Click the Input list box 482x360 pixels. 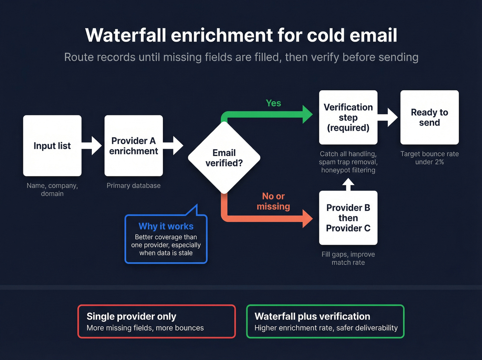[x=52, y=146]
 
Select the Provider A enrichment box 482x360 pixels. [x=134, y=146]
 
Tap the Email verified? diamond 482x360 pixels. [x=224, y=158]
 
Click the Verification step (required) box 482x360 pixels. [x=348, y=117]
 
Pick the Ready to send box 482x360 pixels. [x=429, y=117]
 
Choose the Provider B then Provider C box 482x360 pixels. [x=348, y=218]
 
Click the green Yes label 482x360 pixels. [x=273, y=103]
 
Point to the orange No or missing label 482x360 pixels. [x=273, y=201]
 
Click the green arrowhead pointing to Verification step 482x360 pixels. [x=307, y=114]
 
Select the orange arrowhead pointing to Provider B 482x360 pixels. [x=307, y=218]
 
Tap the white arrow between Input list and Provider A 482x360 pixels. [x=93, y=145]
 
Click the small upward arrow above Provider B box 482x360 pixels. [x=348, y=184]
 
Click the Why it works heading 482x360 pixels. [x=166, y=226]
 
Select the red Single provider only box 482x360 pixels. [x=157, y=321]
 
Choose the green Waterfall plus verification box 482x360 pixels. [x=325, y=321]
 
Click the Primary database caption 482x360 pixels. [x=134, y=186]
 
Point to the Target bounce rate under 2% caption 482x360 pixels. [x=429, y=158]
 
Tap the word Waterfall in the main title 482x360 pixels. [x=126, y=35]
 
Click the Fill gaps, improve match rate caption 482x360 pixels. [x=348, y=258]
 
